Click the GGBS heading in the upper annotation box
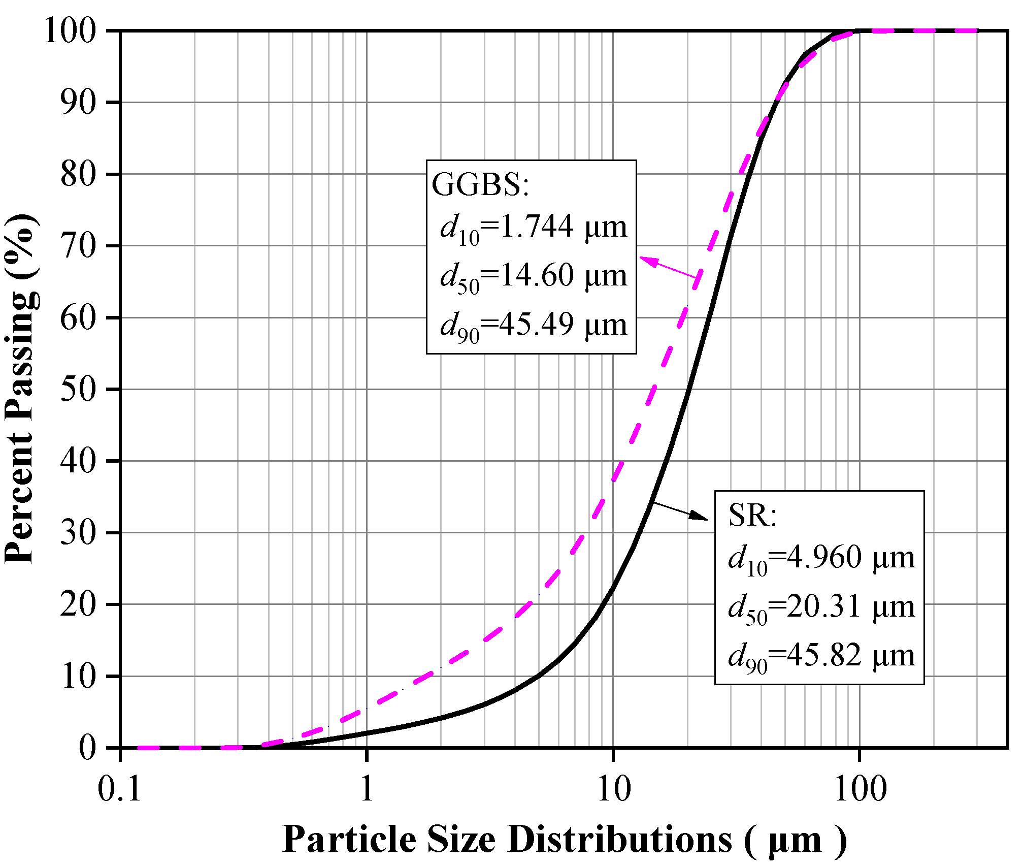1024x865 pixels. [x=480, y=184]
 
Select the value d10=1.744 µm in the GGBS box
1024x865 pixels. [x=533, y=228]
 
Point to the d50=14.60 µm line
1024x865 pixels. [x=533, y=277]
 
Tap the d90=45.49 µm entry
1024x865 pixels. [x=533, y=326]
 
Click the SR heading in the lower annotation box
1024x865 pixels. [x=752, y=516]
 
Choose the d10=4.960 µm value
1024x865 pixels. [x=821, y=558]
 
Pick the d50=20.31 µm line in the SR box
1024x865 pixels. [x=821, y=607]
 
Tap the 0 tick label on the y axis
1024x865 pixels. [x=87, y=748]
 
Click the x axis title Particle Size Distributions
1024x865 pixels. [x=564, y=839]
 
